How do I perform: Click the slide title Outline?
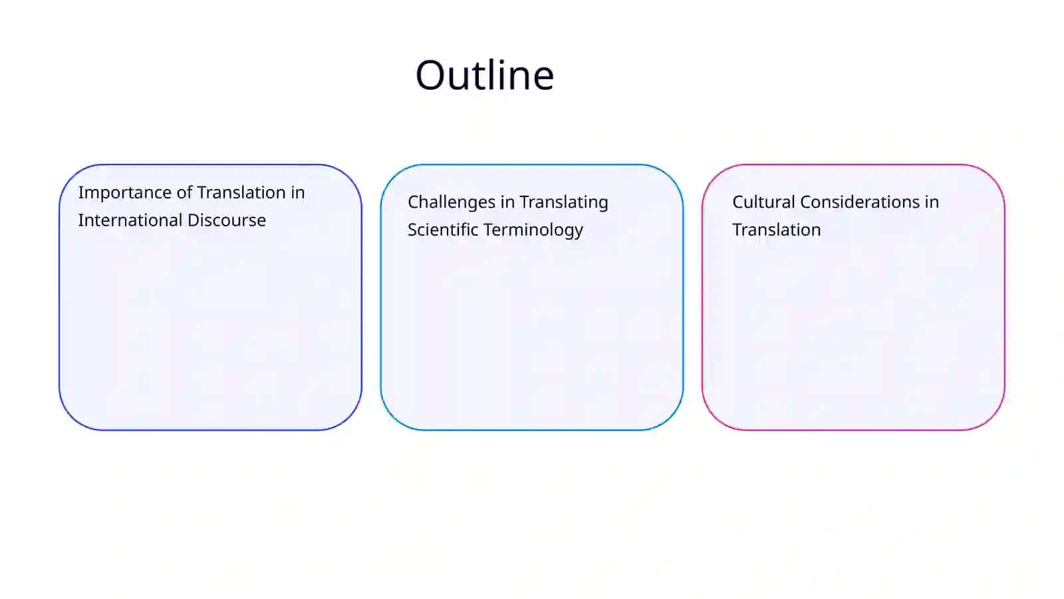pyautogui.click(x=485, y=75)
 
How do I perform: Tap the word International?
pyautogui.click(x=130, y=220)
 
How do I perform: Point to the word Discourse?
pyautogui.click(x=227, y=220)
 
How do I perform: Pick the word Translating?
pyautogui.click(x=564, y=203)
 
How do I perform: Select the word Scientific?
pyautogui.click(x=443, y=230)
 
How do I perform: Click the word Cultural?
pyautogui.click(x=764, y=202)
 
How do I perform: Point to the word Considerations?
pyautogui.click(x=860, y=202)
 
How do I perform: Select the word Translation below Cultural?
pyautogui.click(x=777, y=230)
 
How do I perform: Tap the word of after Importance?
pyautogui.click(x=184, y=192)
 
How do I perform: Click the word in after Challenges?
pyautogui.click(x=508, y=202)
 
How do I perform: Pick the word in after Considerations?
pyautogui.click(x=932, y=202)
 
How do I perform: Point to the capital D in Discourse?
pyautogui.click(x=194, y=220)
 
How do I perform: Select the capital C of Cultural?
pyautogui.click(x=738, y=202)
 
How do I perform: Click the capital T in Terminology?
pyautogui.click(x=488, y=230)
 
